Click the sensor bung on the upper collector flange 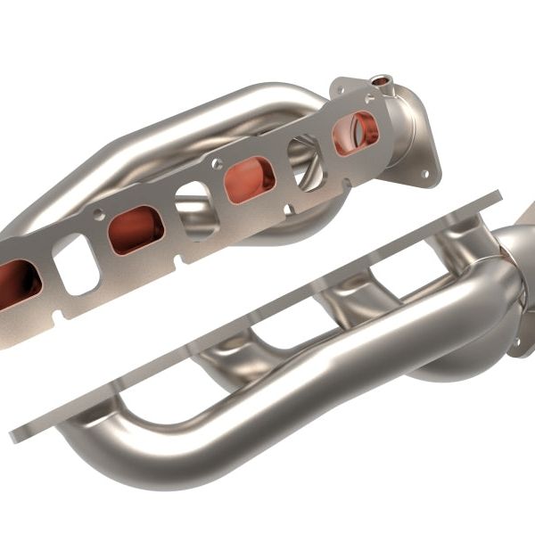(x=383, y=81)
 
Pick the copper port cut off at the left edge (x=18, y=283)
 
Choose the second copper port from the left (x=136, y=230)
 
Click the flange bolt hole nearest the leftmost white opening (x=100, y=215)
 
